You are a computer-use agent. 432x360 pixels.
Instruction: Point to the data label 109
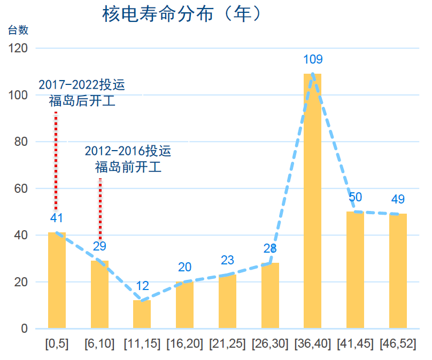pos(313,59)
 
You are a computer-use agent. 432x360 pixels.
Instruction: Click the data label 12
pos(142,286)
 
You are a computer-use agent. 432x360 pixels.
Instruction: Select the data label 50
pos(356,197)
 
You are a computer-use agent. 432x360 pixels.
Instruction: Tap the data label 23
pos(227,260)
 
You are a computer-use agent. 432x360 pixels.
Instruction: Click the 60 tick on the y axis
pos(20,189)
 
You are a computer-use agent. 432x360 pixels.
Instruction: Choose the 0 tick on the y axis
pos(24,329)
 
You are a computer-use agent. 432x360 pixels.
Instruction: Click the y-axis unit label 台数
pos(18,30)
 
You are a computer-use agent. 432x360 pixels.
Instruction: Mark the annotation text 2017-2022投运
pos(82,85)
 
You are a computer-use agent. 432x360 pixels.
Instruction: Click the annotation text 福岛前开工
pos(128,167)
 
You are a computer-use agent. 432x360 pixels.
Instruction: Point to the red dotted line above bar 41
pos(56,160)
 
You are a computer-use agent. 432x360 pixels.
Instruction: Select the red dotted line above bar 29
pos(100,208)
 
